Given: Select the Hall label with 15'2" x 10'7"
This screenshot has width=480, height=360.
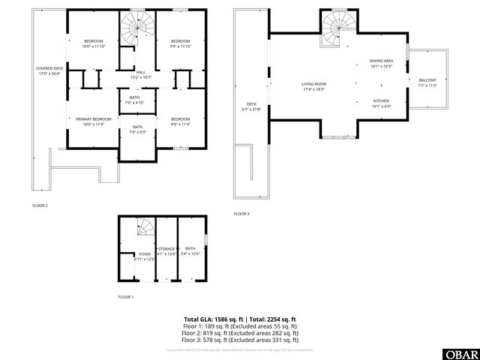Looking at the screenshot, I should (141, 74).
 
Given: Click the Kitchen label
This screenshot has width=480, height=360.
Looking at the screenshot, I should (381, 103).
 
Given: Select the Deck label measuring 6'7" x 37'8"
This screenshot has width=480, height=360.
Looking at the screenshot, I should (251, 106).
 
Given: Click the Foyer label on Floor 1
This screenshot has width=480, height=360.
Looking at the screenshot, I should (144, 256).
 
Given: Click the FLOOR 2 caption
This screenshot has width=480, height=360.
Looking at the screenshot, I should (40, 205).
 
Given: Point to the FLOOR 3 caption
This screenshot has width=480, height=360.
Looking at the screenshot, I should (241, 214).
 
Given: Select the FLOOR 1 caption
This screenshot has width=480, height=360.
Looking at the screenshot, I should (125, 297).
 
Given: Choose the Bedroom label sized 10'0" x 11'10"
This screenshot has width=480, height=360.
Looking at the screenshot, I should (94, 43).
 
